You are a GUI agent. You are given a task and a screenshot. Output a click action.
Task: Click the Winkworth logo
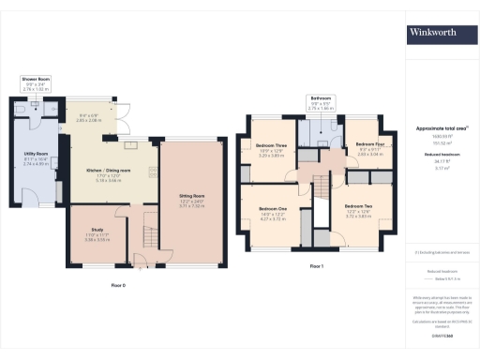point(432,33)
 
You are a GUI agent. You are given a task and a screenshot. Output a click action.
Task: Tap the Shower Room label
point(36,80)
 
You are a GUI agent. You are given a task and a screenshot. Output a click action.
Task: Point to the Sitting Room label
point(192,196)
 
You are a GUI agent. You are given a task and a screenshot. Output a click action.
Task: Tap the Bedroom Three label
point(270,145)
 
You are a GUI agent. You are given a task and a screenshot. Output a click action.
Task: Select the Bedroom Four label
point(359,145)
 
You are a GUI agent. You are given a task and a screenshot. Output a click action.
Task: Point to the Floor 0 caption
point(118,283)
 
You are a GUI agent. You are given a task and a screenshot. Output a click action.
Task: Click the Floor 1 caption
point(316,266)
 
